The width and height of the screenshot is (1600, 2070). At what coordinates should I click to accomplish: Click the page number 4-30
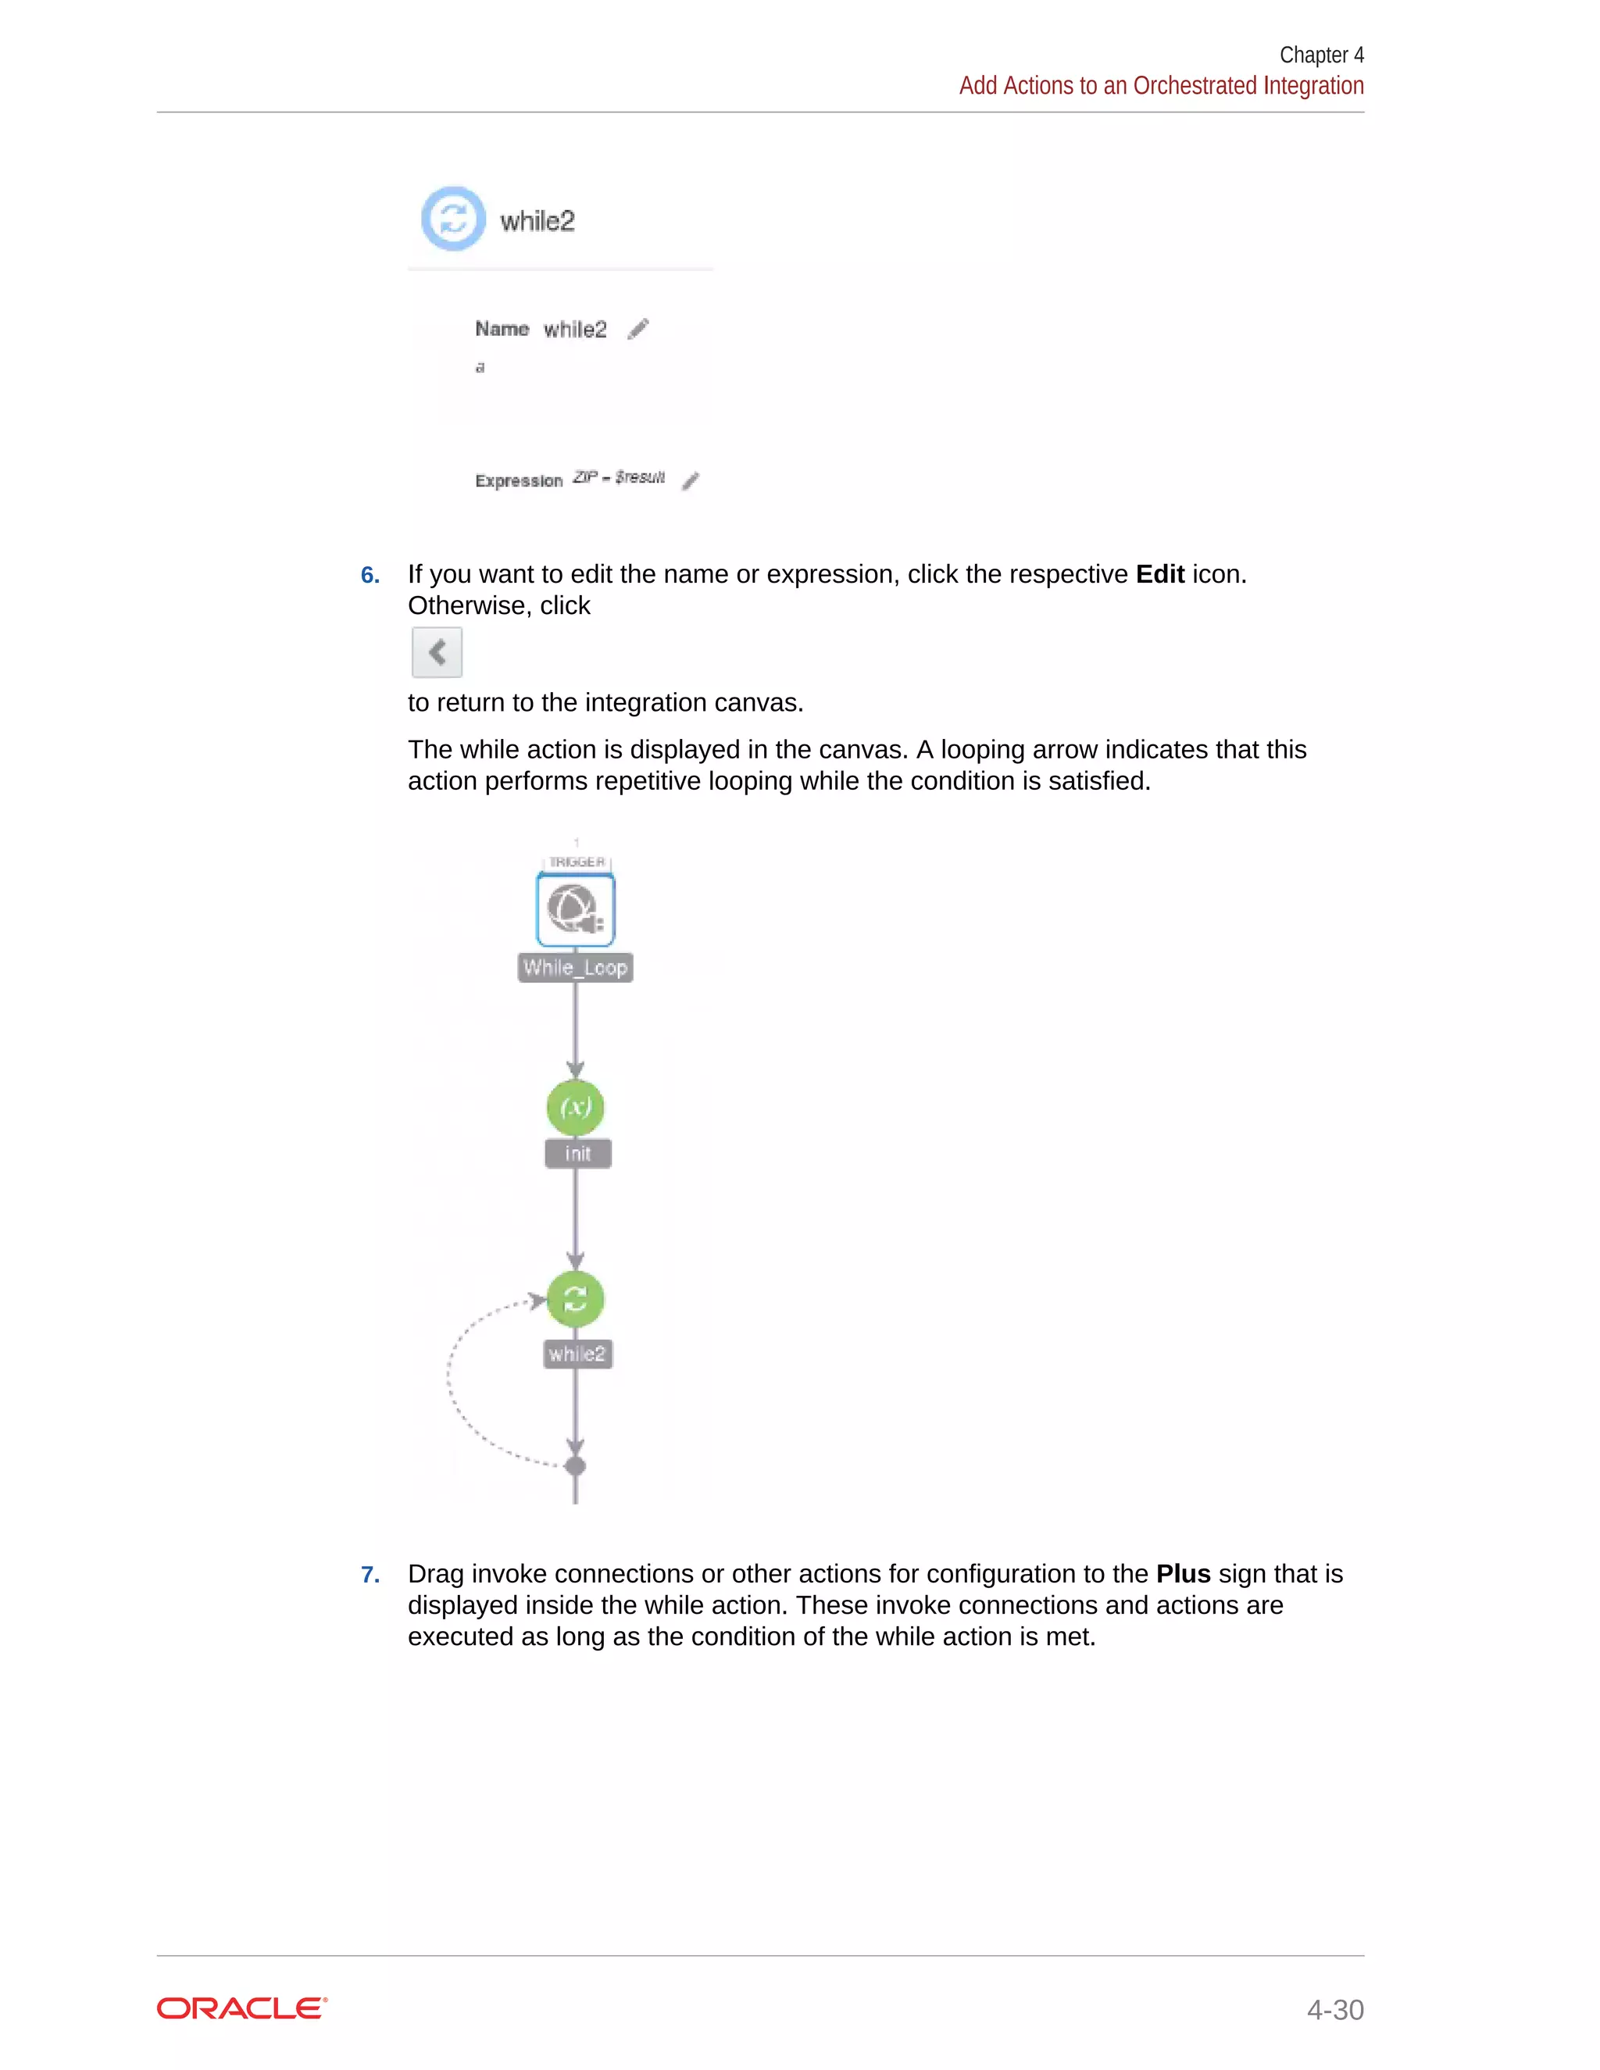point(1334,2009)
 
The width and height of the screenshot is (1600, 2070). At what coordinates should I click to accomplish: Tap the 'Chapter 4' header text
point(1320,55)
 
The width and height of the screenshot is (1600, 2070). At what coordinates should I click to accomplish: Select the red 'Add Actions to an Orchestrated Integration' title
point(1160,85)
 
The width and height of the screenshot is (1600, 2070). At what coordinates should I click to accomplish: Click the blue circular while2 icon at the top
point(453,219)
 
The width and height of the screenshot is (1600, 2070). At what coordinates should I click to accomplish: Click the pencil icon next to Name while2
point(638,329)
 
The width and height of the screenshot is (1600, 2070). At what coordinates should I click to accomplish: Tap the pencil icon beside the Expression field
point(690,480)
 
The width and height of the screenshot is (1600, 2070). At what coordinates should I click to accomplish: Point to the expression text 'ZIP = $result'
point(618,476)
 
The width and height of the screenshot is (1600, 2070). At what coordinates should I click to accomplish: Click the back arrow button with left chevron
point(437,652)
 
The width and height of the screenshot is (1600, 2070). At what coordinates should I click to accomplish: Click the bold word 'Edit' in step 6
point(1159,574)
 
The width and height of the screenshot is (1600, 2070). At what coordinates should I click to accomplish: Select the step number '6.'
point(370,576)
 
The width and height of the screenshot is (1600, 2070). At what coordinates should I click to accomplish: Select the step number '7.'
point(370,1574)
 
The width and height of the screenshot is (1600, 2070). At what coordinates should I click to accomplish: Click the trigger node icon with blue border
point(575,910)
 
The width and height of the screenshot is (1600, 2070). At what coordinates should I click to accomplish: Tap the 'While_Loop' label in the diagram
point(575,968)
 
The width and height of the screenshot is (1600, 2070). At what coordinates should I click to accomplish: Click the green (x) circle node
point(575,1107)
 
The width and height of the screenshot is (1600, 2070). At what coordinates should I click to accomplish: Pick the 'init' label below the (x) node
point(577,1154)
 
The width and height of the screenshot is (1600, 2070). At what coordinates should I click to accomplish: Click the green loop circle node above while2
point(575,1298)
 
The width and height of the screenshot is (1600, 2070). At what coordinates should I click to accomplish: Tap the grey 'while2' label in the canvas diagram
point(577,1354)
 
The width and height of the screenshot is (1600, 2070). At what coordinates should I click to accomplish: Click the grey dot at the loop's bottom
point(575,1466)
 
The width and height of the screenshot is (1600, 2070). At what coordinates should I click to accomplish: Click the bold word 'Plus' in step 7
point(1182,1574)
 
